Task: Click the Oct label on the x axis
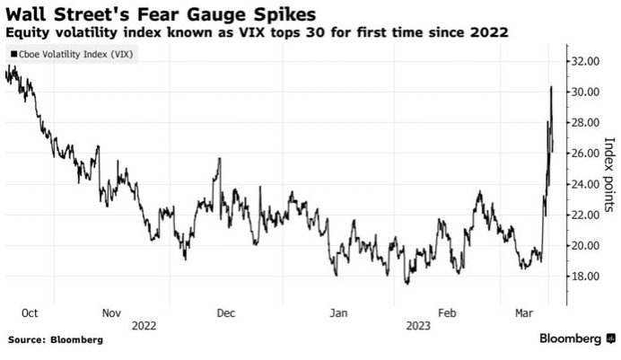(30, 312)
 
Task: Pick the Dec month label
(225, 312)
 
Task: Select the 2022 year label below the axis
(144, 326)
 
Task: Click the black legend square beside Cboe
(13, 54)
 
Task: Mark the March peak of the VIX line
(550, 87)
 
